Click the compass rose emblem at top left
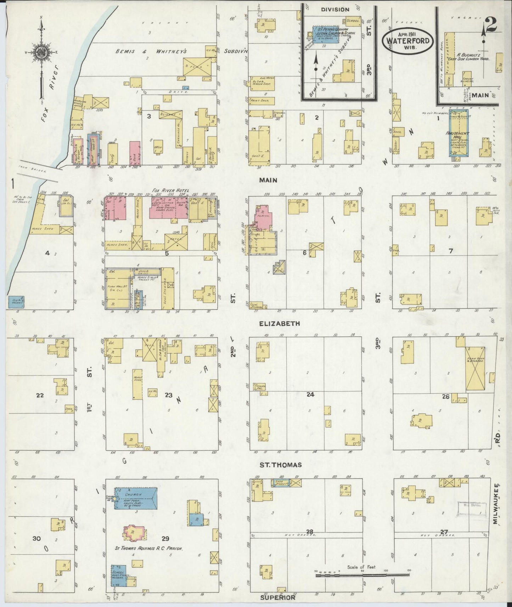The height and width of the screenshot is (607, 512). click(x=41, y=52)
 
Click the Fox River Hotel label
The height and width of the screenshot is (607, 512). click(x=168, y=191)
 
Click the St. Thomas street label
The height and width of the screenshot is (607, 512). click(x=275, y=465)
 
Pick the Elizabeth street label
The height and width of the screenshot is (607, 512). click(x=279, y=323)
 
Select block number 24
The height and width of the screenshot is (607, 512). click(x=310, y=394)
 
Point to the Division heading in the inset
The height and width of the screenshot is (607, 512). click(x=335, y=10)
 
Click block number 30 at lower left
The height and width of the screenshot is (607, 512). click(x=36, y=539)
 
